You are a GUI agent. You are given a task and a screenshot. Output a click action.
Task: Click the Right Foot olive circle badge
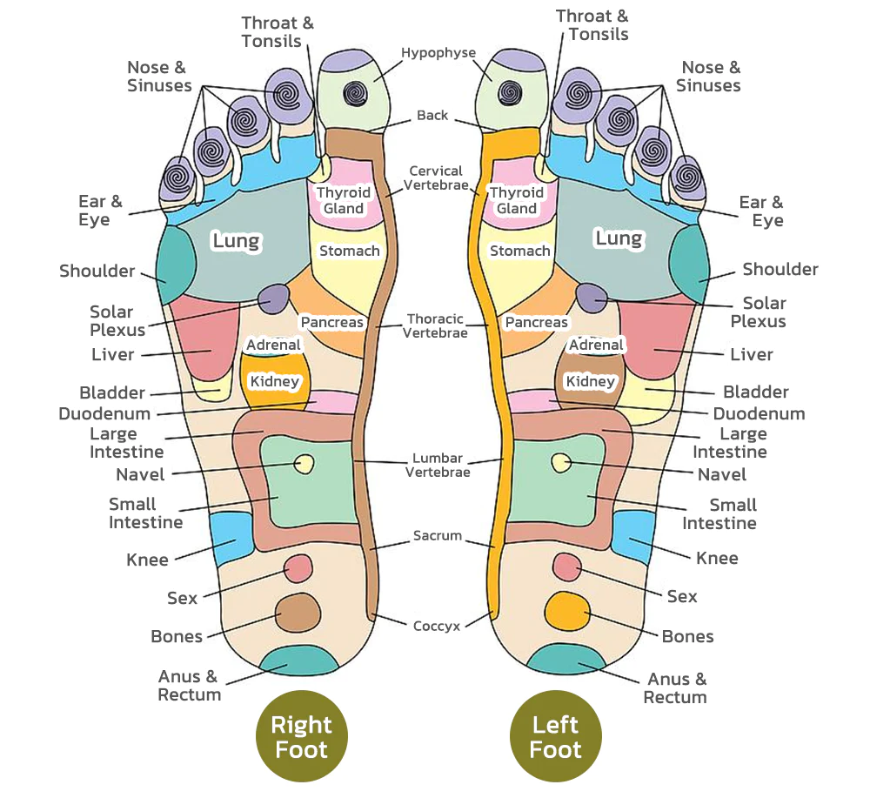pyautogui.click(x=301, y=736)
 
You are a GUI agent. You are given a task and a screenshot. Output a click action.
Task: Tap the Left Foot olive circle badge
pyautogui.click(x=555, y=736)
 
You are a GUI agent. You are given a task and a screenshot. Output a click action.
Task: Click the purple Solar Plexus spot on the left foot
pyautogui.click(x=592, y=298)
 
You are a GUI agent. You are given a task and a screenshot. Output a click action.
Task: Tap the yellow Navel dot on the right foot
pyautogui.click(x=304, y=464)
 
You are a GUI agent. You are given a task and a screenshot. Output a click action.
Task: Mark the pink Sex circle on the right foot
pyautogui.click(x=298, y=568)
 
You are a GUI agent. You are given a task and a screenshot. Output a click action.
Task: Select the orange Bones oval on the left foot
pyautogui.click(x=566, y=611)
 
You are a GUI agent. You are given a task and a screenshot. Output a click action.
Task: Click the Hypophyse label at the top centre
pyautogui.click(x=438, y=53)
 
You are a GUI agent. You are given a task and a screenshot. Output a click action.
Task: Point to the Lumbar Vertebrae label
pyautogui.click(x=438, y=466)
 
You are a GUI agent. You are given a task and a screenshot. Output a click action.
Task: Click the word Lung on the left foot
pyautogui.click(x=619, y=238)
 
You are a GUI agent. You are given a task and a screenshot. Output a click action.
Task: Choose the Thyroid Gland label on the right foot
pyautogui.click(x=344, y=201)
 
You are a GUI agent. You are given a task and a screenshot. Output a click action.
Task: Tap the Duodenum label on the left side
pyautogui.click(x=104, y=413)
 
